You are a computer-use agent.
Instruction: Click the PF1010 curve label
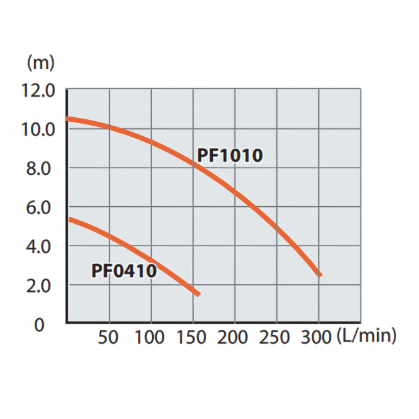pyautogui.click(x=230, y=156)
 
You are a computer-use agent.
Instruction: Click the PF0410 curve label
pyautogui.click(x=124, y=270)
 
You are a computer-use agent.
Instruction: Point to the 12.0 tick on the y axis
pyautogui.click(x=39, y=90)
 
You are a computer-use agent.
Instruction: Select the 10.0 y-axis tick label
pyautogui.click(x=39, y=129)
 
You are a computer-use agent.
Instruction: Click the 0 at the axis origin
pyautogui.click(x=40, y=325)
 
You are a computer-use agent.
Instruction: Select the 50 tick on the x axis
pyautogui.click(x=109, y=337)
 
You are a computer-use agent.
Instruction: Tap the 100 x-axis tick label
pyautogui.click(x=151, y=337)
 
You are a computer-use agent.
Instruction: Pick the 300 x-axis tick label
pyautogui.click(x=318, y=337)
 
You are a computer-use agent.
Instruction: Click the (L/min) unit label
pyautogui.click(x=367, y=337)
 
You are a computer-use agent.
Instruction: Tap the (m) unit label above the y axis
pyautogui.click(x=41, y=63)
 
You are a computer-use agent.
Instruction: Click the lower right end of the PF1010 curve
pyautogui.click(x=319, y=275)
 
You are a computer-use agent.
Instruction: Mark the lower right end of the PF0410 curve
pyautogui.click(x=198, y=294)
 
